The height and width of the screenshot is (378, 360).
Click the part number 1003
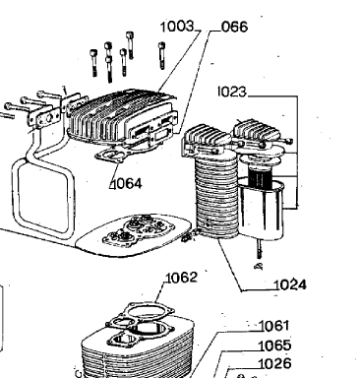[x=177, y=27]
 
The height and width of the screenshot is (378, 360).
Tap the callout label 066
[x=234, y=27]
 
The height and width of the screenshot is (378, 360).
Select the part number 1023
[x=232, y=92]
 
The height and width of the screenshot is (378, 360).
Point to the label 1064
[x=126, y=184]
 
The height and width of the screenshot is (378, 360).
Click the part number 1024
[x=290, y=284]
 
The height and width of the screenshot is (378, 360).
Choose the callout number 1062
[x=181, y=278]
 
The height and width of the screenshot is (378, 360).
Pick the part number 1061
[x=274, y=326]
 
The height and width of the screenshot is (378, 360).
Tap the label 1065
[x=274, y=346]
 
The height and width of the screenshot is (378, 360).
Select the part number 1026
[x=274, y=363]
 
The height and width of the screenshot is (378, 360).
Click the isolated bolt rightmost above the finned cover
[x=161, y=55]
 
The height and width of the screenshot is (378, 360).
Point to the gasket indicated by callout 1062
[x=150, y=311]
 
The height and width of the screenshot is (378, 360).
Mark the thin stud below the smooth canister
[x=260, y=254]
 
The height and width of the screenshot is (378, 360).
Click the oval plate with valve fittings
[x=134, y=233]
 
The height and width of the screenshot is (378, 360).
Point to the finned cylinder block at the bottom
[x=138, y=347]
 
